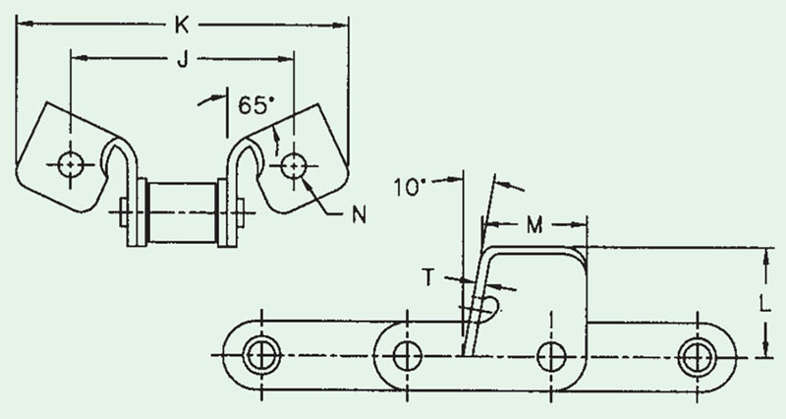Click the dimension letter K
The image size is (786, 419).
coord(182,25)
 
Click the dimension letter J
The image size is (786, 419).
coord(184,60)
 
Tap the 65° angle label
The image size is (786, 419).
coord(256,105)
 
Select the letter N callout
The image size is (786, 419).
coord(359,214)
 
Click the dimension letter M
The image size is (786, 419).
coord(534,226)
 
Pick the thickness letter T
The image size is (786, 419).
coord(428,277)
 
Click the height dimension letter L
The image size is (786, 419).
coord(764,304)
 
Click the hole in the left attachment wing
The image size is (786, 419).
coord(70,164)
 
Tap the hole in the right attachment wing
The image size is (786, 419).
coord(293,165)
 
